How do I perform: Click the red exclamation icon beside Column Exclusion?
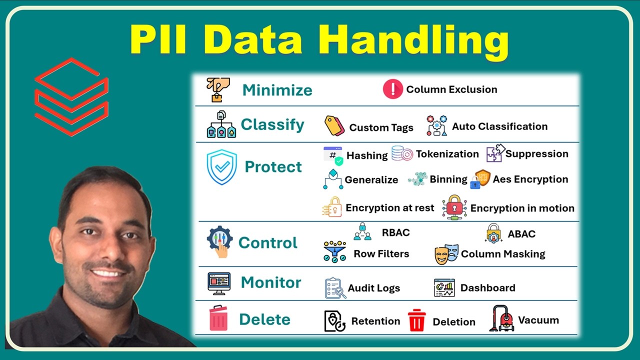[392, 89]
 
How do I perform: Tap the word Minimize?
[277, 90]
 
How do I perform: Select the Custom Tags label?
[381, 127]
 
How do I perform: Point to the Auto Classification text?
[499, 126]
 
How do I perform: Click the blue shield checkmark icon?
[221, 167]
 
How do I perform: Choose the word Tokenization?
[447, 154]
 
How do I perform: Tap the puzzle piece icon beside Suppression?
[495, 153]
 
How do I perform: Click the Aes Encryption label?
[530, 179]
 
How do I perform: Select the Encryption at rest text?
[389, 207]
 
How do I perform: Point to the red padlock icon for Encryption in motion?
[454, 207]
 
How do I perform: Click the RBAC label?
[395, 232]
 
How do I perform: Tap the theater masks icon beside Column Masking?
[446, 254]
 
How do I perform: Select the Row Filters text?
[381, 253]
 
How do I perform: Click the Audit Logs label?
[373, 288]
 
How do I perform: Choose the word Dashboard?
[487, 287]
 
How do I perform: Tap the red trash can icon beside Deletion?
[416, 320]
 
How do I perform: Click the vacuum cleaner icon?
[501, 319]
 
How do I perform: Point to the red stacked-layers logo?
[71, 97]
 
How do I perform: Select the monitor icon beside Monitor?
[219, 283]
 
